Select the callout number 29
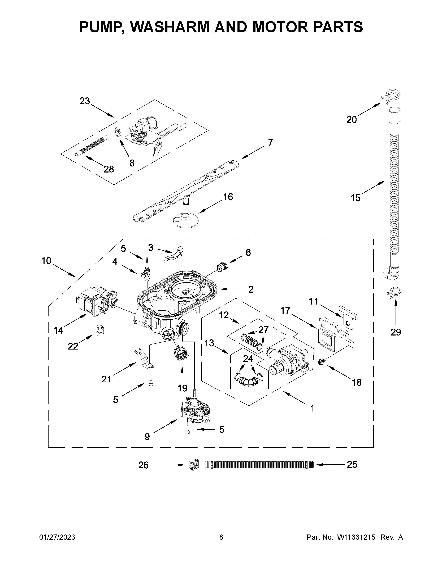point(396,332)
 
